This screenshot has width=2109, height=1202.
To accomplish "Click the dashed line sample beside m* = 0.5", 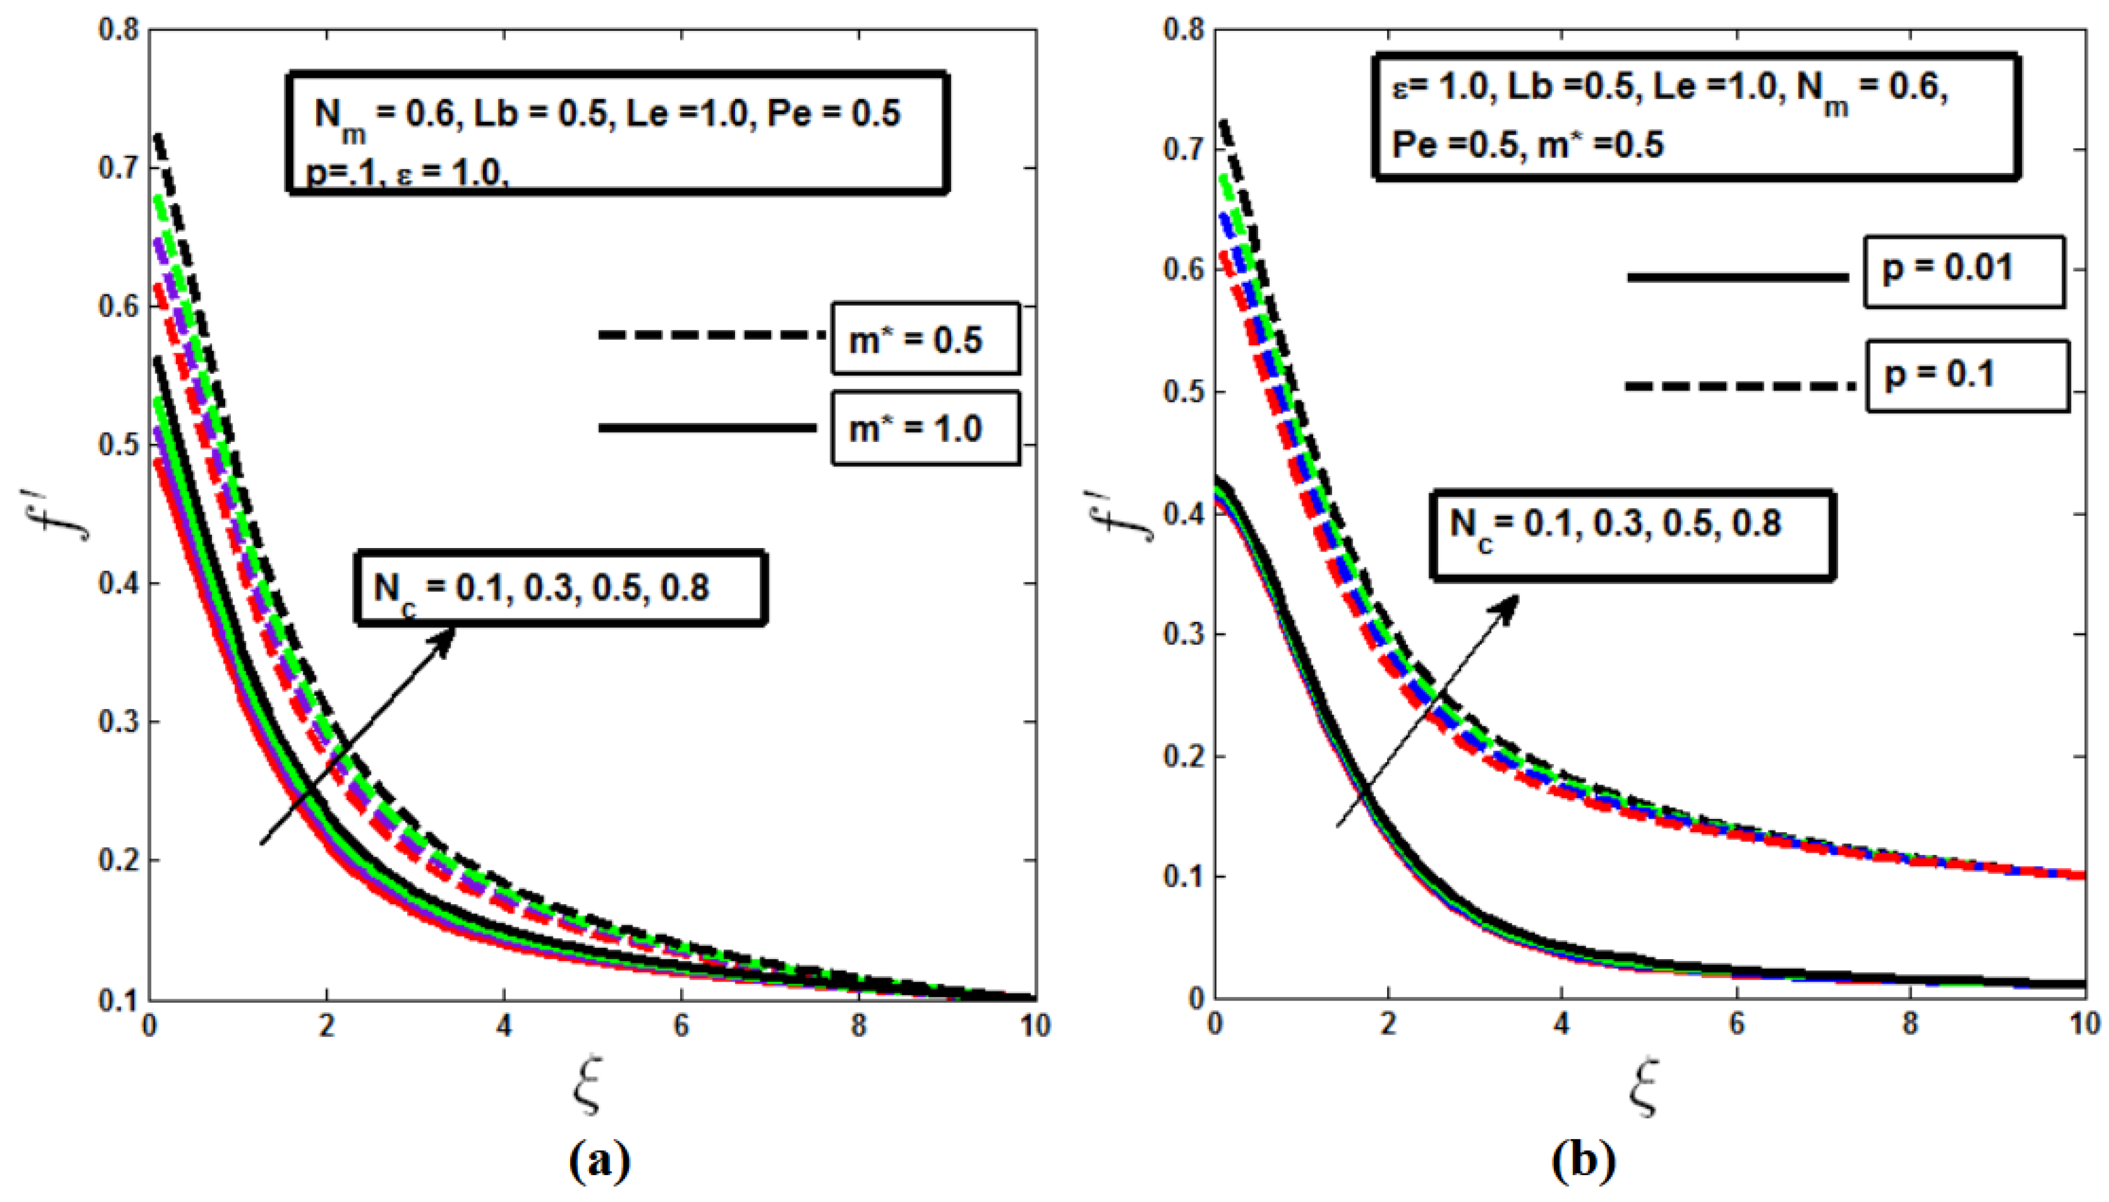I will pos(710,334).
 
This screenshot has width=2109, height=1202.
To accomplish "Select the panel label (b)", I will pos(1583,1162).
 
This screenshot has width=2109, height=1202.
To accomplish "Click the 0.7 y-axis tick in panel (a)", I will pos(118,168).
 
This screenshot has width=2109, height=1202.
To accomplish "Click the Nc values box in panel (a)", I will pos(561,588).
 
